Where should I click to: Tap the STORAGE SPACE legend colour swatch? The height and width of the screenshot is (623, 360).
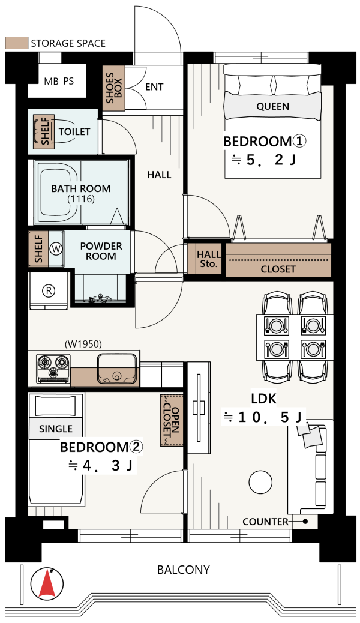[17, 43]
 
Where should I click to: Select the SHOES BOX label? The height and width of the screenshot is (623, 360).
[113, 88]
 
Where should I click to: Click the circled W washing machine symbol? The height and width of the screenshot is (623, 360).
[56, 249]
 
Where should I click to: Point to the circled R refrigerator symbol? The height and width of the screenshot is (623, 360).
[49, 291]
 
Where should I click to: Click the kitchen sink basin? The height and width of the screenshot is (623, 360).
[117, 369]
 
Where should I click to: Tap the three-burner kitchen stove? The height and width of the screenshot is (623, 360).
[53, 368]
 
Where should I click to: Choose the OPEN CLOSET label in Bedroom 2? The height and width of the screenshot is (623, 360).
[172, 420]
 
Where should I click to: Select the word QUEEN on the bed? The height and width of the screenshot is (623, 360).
[272, 106]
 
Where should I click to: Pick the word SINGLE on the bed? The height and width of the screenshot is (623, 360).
[56, 429]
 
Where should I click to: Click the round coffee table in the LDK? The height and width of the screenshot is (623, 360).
[260, 482]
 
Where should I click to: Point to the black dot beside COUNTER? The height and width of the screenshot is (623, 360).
[305, 522]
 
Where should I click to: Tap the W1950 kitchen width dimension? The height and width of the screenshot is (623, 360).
[83, 344]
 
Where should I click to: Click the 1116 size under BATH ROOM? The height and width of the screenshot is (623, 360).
[81, 199]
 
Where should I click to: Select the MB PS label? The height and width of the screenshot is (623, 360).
[59, 81]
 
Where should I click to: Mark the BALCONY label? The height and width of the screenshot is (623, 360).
[183, 570]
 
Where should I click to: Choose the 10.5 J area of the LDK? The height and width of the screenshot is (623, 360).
[264, 417]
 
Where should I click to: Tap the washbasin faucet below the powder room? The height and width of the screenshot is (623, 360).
[100, 298]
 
